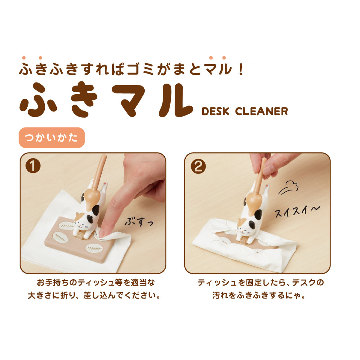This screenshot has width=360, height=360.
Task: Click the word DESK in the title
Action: point(215,111)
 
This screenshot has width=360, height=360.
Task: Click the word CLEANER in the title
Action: point(261,111)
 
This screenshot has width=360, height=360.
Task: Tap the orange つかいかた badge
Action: point(52,138)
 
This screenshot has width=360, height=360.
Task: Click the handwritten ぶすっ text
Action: point(139,222)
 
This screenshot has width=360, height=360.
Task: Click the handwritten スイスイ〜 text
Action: point(297,211)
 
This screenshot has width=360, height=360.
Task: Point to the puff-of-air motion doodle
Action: point(288,187)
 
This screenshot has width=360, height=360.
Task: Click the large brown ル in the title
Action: point(175,100)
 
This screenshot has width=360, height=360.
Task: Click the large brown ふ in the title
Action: point(38,100)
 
